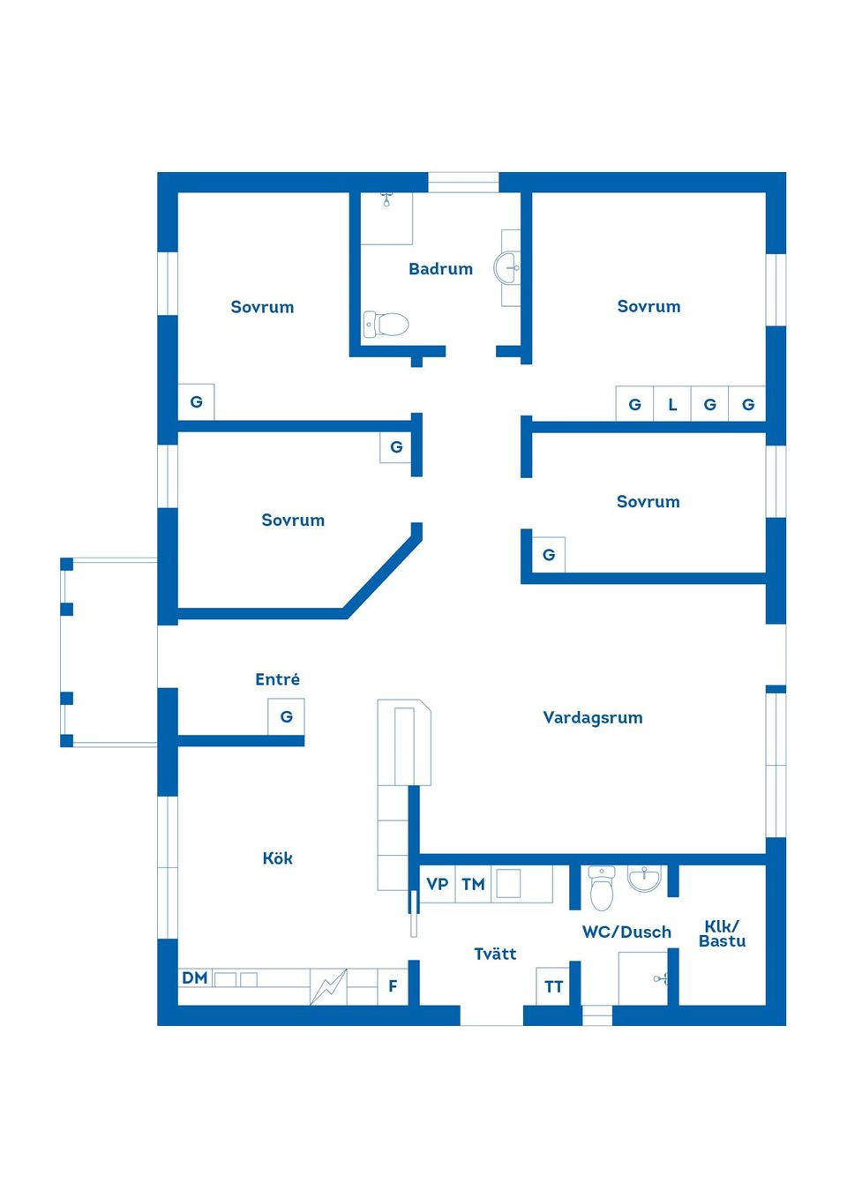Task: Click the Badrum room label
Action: (x=440, y=269)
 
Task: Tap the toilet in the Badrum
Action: (x=386, y=325)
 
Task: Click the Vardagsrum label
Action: (x=592, y=717)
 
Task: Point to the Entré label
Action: (x=277, y=679)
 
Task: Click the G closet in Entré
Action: (x=286, y=716)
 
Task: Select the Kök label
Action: (x=277, y=858)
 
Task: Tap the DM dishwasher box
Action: (x=195, y=977)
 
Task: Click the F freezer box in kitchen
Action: (x=393, y=986)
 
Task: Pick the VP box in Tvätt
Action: (x=437, y=884)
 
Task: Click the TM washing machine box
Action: (x=473, y=884)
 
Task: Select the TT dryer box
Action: (x=553, y=986)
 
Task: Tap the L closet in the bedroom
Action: (x=672, y=405)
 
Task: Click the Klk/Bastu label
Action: (x=722, y=933)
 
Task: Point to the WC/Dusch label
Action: (x=626, y=932)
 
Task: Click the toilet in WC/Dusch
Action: (x=602, y=889)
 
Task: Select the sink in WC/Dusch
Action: (x=645, y=879)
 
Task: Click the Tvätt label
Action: (x=495, y=954)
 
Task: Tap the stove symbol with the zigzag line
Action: (x=328, y=986)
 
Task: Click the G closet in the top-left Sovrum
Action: (x=196, y=402)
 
